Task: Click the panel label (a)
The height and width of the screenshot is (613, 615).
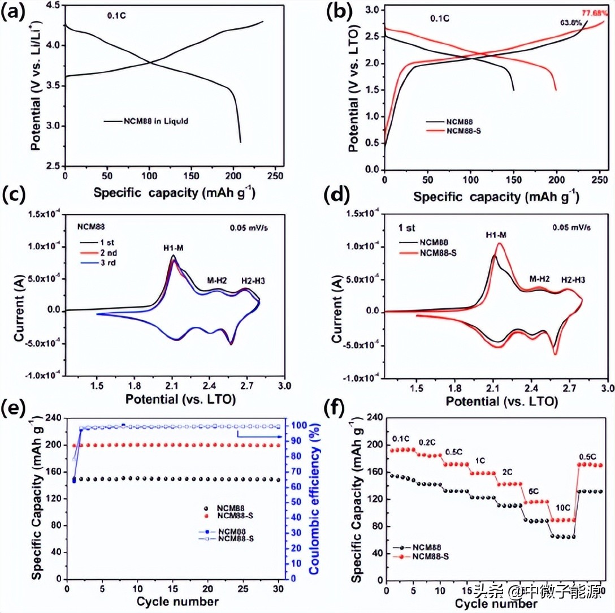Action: pyautogui.click(x=13, y=12)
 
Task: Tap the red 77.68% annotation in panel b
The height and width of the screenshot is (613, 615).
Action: pyautogui.click(x=592, y=13)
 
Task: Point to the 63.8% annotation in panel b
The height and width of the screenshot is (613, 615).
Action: pyautogui.click(x=570, y=23)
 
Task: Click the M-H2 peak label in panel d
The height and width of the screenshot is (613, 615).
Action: pyautogui.click(x=539, y=279)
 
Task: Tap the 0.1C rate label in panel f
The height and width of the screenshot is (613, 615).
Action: pyautogui.click(x=400, y=438)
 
